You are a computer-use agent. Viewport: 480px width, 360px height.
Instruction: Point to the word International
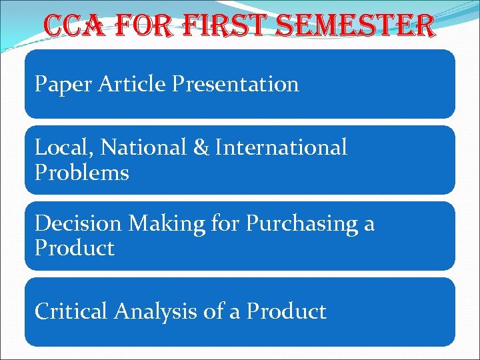click(x=281, y=147)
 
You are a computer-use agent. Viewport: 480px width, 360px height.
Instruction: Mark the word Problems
click(x=81, y=173)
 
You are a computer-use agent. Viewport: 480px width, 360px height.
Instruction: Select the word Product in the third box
click(x=75, y=249)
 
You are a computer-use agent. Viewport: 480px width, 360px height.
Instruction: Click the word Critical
click(x=71, y=311)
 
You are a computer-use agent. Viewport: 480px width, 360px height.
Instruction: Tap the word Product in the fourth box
click(x=286, y=311)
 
